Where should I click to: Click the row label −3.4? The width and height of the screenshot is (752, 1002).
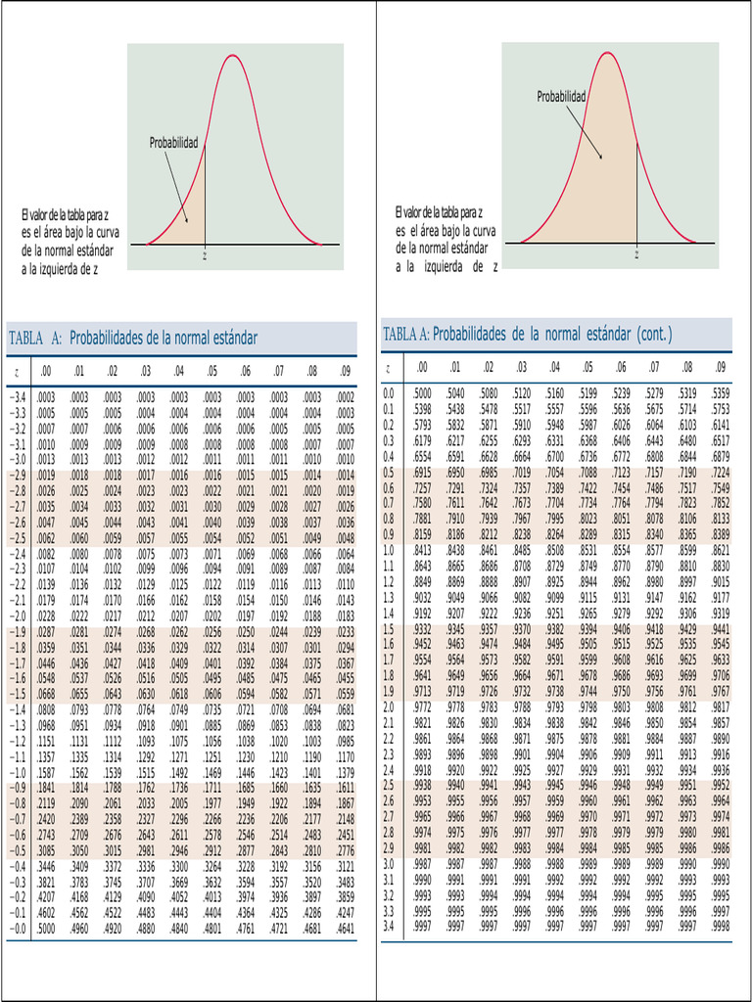click(18, 398)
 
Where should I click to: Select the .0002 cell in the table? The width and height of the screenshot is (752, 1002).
click(345, 398)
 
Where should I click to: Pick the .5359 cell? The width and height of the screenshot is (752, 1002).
click(721, 393)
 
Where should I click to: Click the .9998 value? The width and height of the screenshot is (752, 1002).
click(721, 925)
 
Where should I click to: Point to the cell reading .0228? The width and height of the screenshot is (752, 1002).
click(46, 615)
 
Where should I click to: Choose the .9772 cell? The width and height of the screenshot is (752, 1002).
click(421, 706)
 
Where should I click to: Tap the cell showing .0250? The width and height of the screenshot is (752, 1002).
click(245, 631)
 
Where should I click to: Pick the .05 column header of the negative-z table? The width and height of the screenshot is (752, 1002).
click(211, 372)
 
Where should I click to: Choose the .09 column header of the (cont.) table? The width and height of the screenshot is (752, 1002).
click(721, 367)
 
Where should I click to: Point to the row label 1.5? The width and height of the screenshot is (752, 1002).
click(389, 629)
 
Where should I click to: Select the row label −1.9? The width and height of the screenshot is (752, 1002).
click(18, 631)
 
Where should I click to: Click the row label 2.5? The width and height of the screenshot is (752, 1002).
click(389, 785)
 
